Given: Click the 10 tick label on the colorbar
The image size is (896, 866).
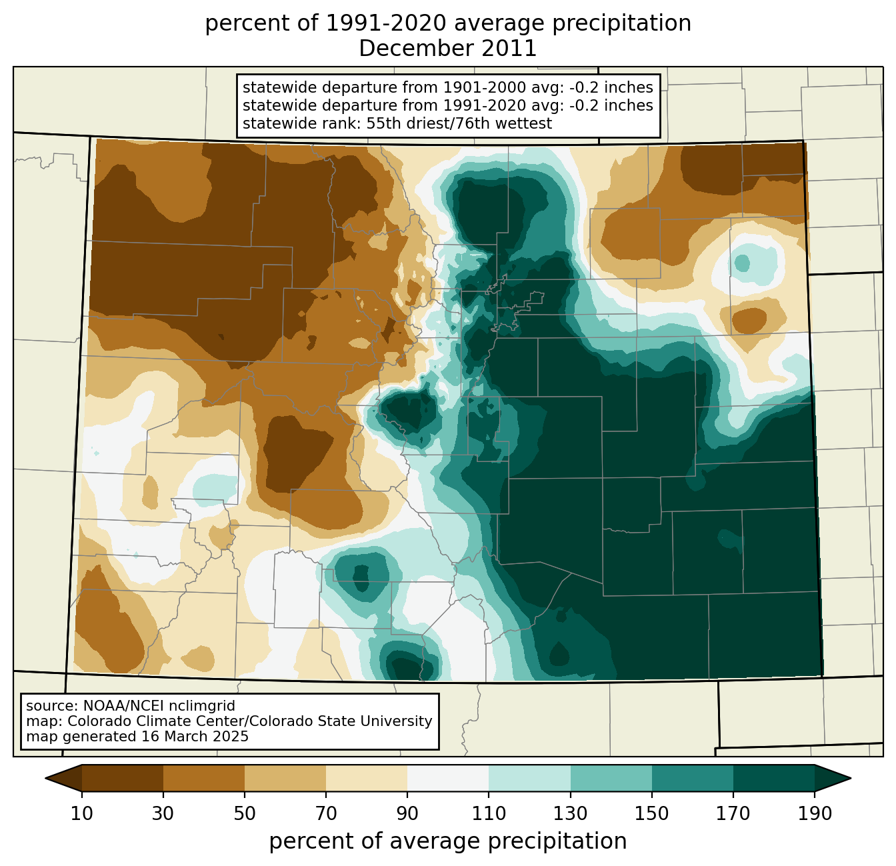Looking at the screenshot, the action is tap(81, 813).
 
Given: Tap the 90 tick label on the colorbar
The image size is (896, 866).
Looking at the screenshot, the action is tap(407, 813).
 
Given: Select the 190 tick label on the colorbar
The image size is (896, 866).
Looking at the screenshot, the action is tap(815, 813).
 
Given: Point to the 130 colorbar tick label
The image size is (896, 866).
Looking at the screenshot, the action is tap(570, 813).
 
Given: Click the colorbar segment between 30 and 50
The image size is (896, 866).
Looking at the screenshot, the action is tap(203, 778).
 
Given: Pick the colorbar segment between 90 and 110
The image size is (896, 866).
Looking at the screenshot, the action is tap(448, 778).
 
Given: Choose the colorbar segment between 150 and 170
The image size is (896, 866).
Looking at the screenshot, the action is tap(693, 778).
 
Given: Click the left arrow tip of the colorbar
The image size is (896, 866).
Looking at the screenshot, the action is tap(45, 779).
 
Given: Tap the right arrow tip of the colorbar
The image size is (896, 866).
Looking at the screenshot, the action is tap(851, 779).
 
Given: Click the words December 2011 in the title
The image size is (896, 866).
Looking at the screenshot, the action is tap(447, 49).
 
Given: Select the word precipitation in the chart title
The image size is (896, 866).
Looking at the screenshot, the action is tap(621, 24).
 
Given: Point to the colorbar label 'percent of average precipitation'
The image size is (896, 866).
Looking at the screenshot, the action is tap(447, 841).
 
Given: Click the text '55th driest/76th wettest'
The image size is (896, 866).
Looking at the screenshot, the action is tap(459, 123).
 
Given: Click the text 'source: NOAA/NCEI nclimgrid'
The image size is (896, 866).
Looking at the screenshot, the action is tap(131, 706).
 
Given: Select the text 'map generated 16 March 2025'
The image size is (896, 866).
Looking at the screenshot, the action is tap(137, 736).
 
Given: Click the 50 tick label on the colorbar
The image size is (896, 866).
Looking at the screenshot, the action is tap(245, 813).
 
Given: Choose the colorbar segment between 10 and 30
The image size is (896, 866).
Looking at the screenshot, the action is tap(123, 778).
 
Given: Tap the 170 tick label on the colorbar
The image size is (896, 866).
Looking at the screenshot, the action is tap(733, 813).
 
